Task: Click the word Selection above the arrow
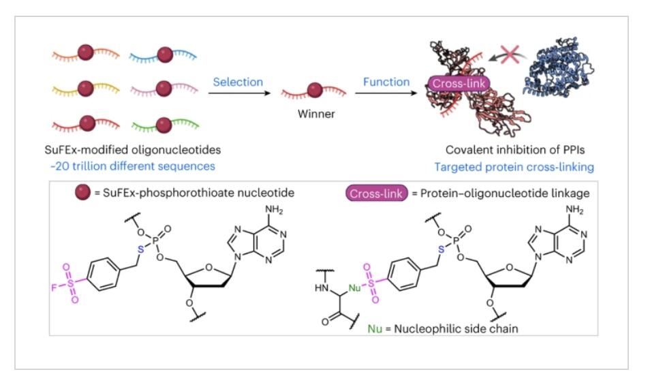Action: coord(238,82)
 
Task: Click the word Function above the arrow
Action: coord(386,82)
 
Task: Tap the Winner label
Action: coord(316,114)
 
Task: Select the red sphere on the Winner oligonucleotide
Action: coord(315,90)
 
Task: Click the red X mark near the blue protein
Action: coord(510,55)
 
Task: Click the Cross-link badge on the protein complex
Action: coord(459,84)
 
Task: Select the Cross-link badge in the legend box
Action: coord(376,193)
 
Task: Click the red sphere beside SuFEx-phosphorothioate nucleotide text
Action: coord(83,192)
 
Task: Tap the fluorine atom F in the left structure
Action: coord(53,287)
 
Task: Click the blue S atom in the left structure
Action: coord(141,249)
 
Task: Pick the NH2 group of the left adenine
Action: coord(274,210)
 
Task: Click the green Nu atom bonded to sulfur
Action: coord(354,288)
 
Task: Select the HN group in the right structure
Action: coord(322,288)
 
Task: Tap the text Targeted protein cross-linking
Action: coord(514,167)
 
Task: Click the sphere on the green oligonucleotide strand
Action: coord(164,125)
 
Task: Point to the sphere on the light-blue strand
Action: coord(165,55)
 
